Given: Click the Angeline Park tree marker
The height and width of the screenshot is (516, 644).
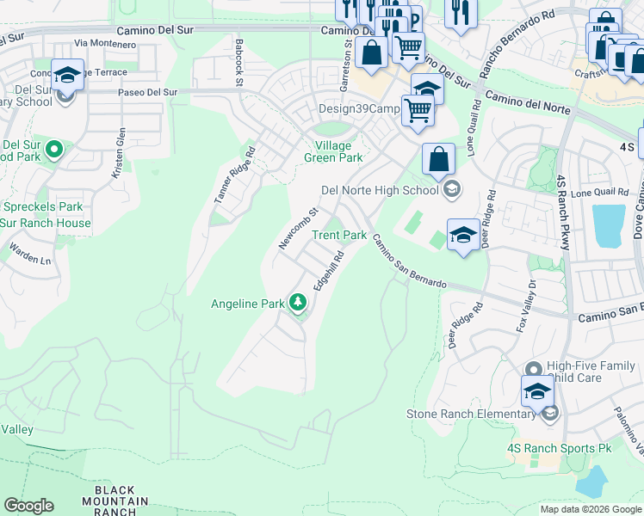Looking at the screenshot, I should pos(298,303).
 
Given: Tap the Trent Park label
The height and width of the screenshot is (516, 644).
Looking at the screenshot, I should pos(339,235).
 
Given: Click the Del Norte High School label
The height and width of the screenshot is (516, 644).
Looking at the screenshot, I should pos(380,190).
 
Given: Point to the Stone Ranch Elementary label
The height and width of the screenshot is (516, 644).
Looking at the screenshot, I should pos(471,415).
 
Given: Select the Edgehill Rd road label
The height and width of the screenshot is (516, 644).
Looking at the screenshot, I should pos(328,270).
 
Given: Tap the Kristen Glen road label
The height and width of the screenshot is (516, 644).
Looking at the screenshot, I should pos(119,153).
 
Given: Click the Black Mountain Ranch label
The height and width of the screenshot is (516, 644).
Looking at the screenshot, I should pos(115,501).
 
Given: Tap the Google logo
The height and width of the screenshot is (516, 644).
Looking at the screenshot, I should pos(28,506).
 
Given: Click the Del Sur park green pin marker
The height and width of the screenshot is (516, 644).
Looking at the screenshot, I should pos(53,151).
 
